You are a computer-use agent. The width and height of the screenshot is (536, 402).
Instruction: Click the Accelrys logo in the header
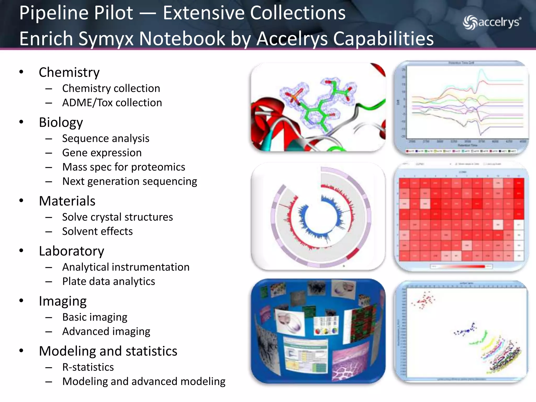point(492,23)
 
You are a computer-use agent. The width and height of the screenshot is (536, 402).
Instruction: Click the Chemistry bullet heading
point(69,72)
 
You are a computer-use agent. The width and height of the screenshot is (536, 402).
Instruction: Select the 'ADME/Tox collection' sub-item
point(112,103)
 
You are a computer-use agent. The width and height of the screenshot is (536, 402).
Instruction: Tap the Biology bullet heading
point(61,122)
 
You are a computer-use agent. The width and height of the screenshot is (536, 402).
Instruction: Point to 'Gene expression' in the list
point(102,153)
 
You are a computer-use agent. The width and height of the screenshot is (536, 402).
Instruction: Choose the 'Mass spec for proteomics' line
point(124,167)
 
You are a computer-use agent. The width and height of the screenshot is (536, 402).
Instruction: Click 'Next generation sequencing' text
point(130,181)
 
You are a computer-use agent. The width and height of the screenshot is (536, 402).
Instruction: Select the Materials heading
point(67,201)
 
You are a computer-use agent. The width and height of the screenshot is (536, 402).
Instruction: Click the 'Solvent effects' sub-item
point(97,231)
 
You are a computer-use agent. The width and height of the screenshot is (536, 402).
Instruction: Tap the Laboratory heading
point(71,251)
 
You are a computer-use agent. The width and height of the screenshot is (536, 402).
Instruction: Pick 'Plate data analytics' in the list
point(109,281)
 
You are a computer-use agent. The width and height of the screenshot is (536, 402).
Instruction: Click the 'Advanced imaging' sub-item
point(106,331)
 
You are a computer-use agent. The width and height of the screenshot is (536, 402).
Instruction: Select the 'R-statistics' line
point(88,367)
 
